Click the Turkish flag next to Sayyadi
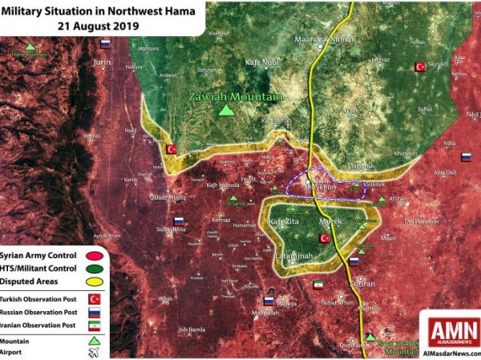418,67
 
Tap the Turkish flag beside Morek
325,238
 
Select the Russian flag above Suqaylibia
179,220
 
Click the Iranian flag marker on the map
317,285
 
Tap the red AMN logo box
454,331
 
